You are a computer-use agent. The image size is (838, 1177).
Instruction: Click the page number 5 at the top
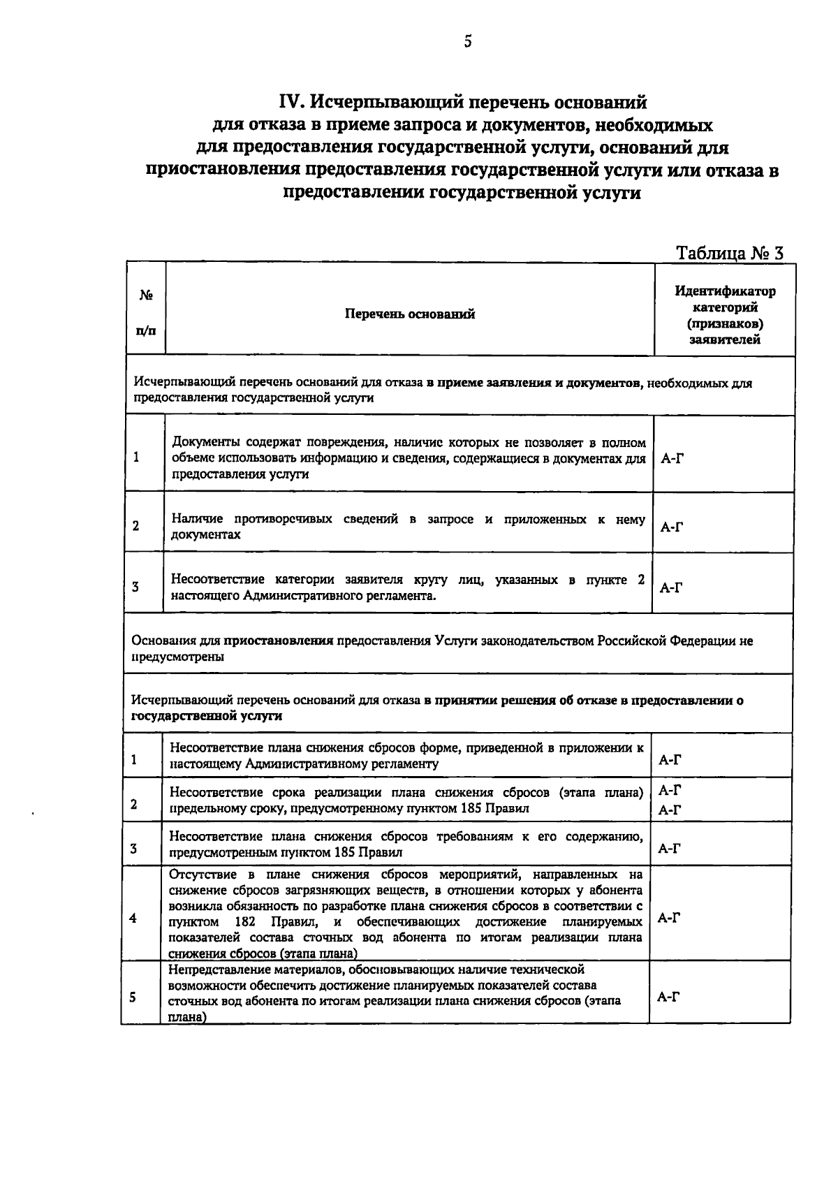(468, 42)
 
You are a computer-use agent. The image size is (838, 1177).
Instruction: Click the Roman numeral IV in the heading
(291, 103)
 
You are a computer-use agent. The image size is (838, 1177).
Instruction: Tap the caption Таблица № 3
(730, 253)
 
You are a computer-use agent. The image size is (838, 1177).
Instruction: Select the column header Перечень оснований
(410, 314)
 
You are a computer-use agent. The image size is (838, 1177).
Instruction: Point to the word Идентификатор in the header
(725, 291)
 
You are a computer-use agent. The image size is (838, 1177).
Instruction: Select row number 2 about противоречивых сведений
(135, 526)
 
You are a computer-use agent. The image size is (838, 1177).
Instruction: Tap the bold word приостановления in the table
(278, 641)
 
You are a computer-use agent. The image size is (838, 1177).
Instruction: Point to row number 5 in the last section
(133, 997)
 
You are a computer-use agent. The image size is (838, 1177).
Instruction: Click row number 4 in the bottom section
(133, 918)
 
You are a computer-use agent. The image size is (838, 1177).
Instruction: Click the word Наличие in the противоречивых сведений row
(198, 519)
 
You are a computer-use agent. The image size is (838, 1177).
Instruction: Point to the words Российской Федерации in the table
(667, 641)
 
